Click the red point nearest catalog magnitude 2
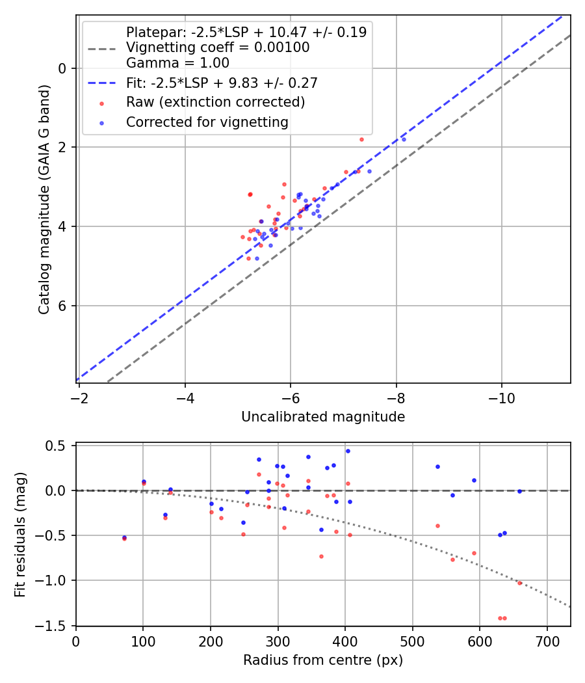[361, 139]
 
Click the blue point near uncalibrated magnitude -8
[404, 139]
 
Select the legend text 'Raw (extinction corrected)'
[215, 102]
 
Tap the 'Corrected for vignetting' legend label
[207, 122]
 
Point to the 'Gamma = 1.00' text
[177, 63]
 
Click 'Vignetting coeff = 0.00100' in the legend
[218, 47]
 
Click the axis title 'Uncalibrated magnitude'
[323, 417]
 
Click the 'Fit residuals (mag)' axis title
[20, 535]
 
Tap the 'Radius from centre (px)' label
[323, 660]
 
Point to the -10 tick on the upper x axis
[500, 395]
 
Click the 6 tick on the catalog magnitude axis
[64, 306]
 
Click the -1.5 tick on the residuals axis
[57, 626]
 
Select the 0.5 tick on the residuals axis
[60, 446]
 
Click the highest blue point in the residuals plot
[348, 451]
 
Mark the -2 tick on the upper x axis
[79, 395]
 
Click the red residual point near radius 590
[474, 553]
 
